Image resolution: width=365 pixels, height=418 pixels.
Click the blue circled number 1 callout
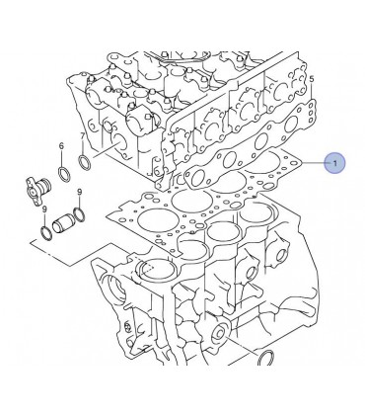pyautogui.click(x=334, y=163)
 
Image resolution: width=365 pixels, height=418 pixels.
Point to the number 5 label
pyautogui.click(x=312, y=79)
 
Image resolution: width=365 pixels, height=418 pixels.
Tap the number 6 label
pyautogui.click(x=61, y=145)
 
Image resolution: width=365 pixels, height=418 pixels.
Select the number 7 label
pyautogui.click(x=82, y=135)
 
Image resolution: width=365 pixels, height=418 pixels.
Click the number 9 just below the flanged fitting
pyautogui.click(x=44, y=209)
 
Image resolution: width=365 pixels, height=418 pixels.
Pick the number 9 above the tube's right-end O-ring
pyautogui.click(x=79, y=192)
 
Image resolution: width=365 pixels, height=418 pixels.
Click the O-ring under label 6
pyautogui.click(x=64, y=174)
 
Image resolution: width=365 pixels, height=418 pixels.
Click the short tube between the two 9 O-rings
pyautogui.click(x=62, y=223)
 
